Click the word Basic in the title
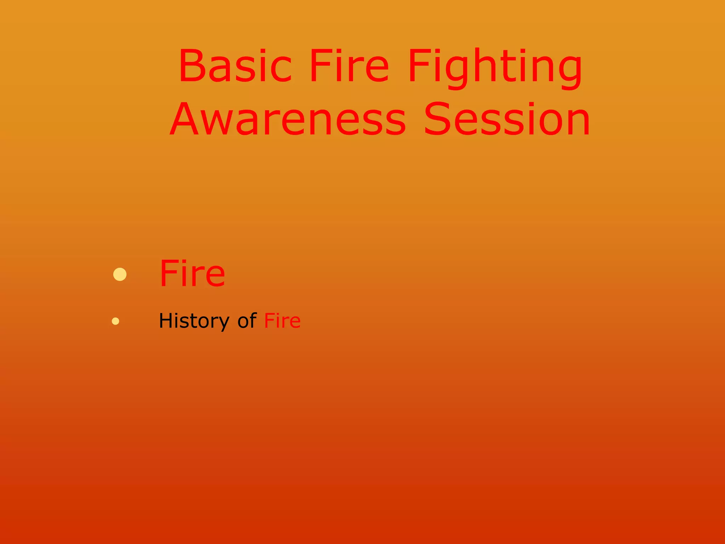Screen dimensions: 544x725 pyautogui.click(x=235, y=66)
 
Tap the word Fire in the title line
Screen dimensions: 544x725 pyautogui.click(x=349, y=66)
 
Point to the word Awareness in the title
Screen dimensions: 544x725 pyautogui.click(x=288, y=119)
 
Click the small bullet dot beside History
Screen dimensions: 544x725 pyautogui.click(x=115, y=321)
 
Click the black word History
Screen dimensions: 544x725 pyautogui.click(x=194, y=321)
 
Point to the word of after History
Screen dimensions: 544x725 pyautogui.click(x=247, y=321)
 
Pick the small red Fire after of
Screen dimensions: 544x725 pyautogui.click(x=282, y=321)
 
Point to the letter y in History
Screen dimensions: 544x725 pyautogui.click(x=223, y=323)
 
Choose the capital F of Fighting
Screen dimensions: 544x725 pyautogui.click(x=418, y=66)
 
